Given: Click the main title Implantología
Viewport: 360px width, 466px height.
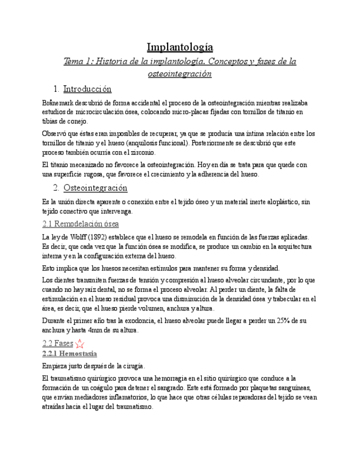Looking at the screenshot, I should point(180,47).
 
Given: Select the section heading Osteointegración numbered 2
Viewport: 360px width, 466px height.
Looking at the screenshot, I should point(95,188).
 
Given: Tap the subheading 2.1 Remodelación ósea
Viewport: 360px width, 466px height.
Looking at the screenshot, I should point(80,224).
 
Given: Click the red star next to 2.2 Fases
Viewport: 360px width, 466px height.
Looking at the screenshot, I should point(80,344).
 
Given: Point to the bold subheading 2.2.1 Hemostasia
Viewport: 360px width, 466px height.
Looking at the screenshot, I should point(70,353).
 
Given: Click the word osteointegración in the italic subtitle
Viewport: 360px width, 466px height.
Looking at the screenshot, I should point(180,73).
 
